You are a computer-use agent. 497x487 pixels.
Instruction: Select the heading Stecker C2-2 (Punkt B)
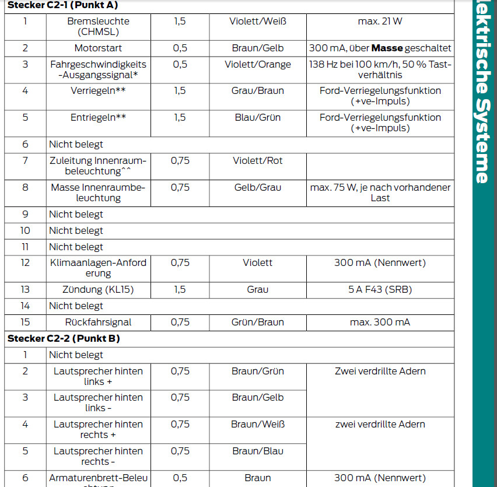coord(64,338)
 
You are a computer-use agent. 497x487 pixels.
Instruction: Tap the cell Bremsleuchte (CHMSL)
coord(98,27)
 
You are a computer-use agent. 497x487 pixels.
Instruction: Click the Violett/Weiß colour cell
coord(257,22)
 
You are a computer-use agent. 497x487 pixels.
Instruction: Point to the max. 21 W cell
coord(380,22)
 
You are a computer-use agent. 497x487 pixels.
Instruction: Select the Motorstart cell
coord(98,48)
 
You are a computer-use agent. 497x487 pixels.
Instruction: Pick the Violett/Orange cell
coord(257,65)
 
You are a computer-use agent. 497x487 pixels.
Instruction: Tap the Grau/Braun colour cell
coord(257,90)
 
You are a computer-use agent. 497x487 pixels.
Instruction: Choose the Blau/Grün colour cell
coord(257,117)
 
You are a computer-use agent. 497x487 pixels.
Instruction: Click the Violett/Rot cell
coord(257,160)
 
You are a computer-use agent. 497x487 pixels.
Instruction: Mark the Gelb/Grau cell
coord(257,187)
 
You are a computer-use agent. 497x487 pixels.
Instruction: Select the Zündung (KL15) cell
coord(98,289)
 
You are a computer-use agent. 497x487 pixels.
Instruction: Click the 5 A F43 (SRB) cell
coord(380,289)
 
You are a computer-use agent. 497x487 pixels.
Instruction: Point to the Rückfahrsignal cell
coord(98,322)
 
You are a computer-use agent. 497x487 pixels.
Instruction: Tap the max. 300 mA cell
coord(380,322)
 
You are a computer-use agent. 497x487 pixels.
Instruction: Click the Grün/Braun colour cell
coord(257,322)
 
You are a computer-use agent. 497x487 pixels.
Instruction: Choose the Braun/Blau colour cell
coord(257,451)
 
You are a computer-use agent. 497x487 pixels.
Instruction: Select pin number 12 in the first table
coord(25,262)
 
